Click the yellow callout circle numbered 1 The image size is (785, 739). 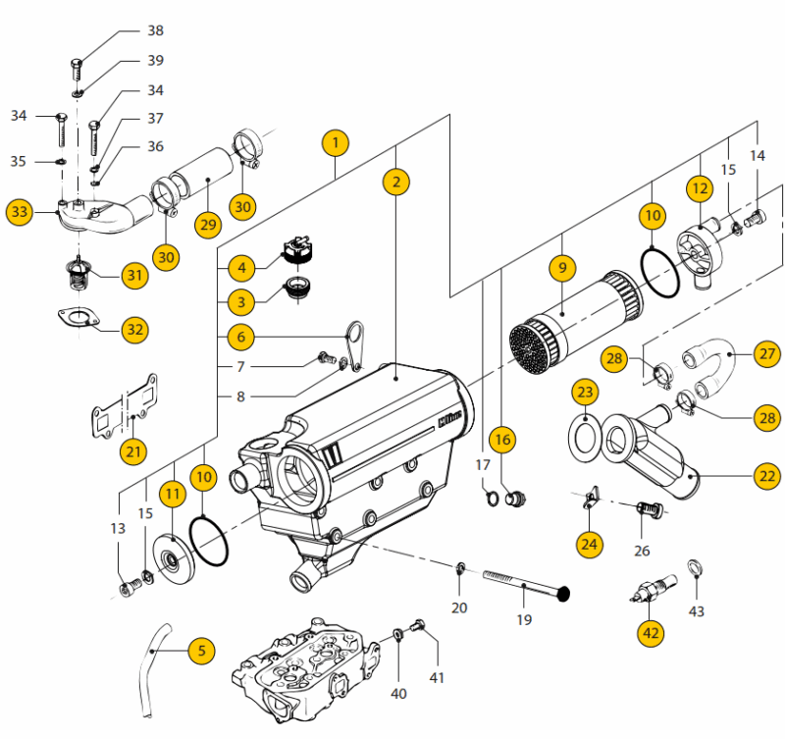click(335, 143)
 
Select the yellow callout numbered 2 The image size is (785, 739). click(396, 182)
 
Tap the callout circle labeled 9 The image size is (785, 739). click(562, 267)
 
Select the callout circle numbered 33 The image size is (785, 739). click(20, 211)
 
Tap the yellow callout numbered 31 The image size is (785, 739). click(134, 276)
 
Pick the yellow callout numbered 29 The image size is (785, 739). click(205, 224)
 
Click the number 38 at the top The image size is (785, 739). click(155, 30)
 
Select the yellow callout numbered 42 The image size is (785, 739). click(651, 634)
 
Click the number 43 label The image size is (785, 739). click(697, 611)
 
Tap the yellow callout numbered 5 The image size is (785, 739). click(200, 650)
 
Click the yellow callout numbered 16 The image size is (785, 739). click(502, 441)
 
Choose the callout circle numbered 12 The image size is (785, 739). click(699, 187)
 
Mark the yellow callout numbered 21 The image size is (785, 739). click(134, 451)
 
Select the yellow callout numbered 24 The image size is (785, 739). click(589, 542)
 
